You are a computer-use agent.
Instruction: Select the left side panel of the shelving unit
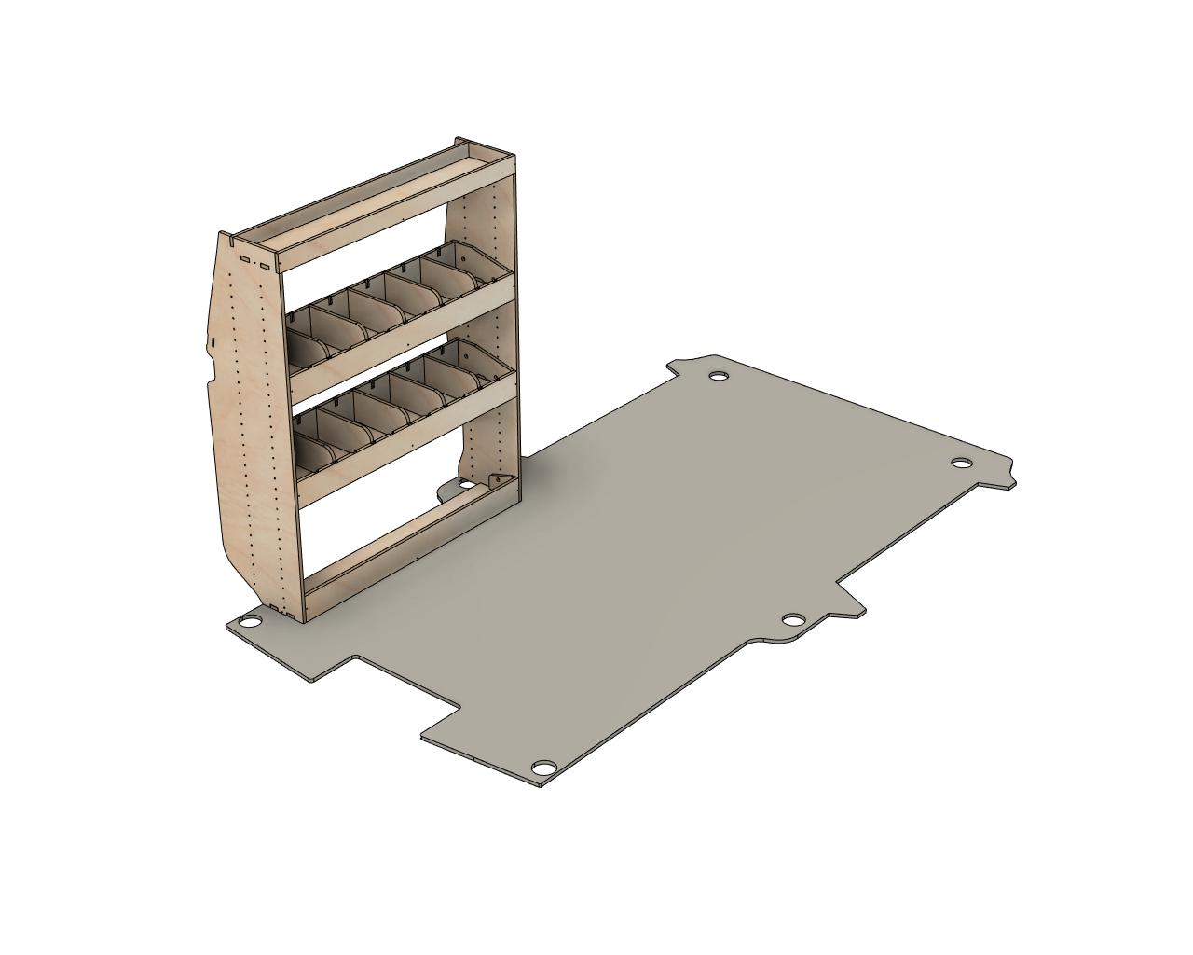pos(244,420)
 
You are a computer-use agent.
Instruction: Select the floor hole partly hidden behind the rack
pos(464,485)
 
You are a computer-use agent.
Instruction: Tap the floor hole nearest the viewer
pos(543,768)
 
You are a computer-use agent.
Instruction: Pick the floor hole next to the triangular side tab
pos(793,620)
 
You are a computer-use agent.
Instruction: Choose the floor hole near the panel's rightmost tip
pos(961,464)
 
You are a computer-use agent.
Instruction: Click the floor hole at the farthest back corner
pos(719,376)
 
